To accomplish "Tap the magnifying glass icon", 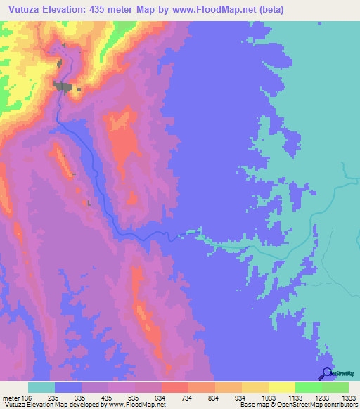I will (x=327, y=373).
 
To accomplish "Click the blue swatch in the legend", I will (x=68, y=387).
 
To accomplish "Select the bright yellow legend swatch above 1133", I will (x=281, y=387).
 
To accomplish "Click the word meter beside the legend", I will (x=8, y=396).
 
